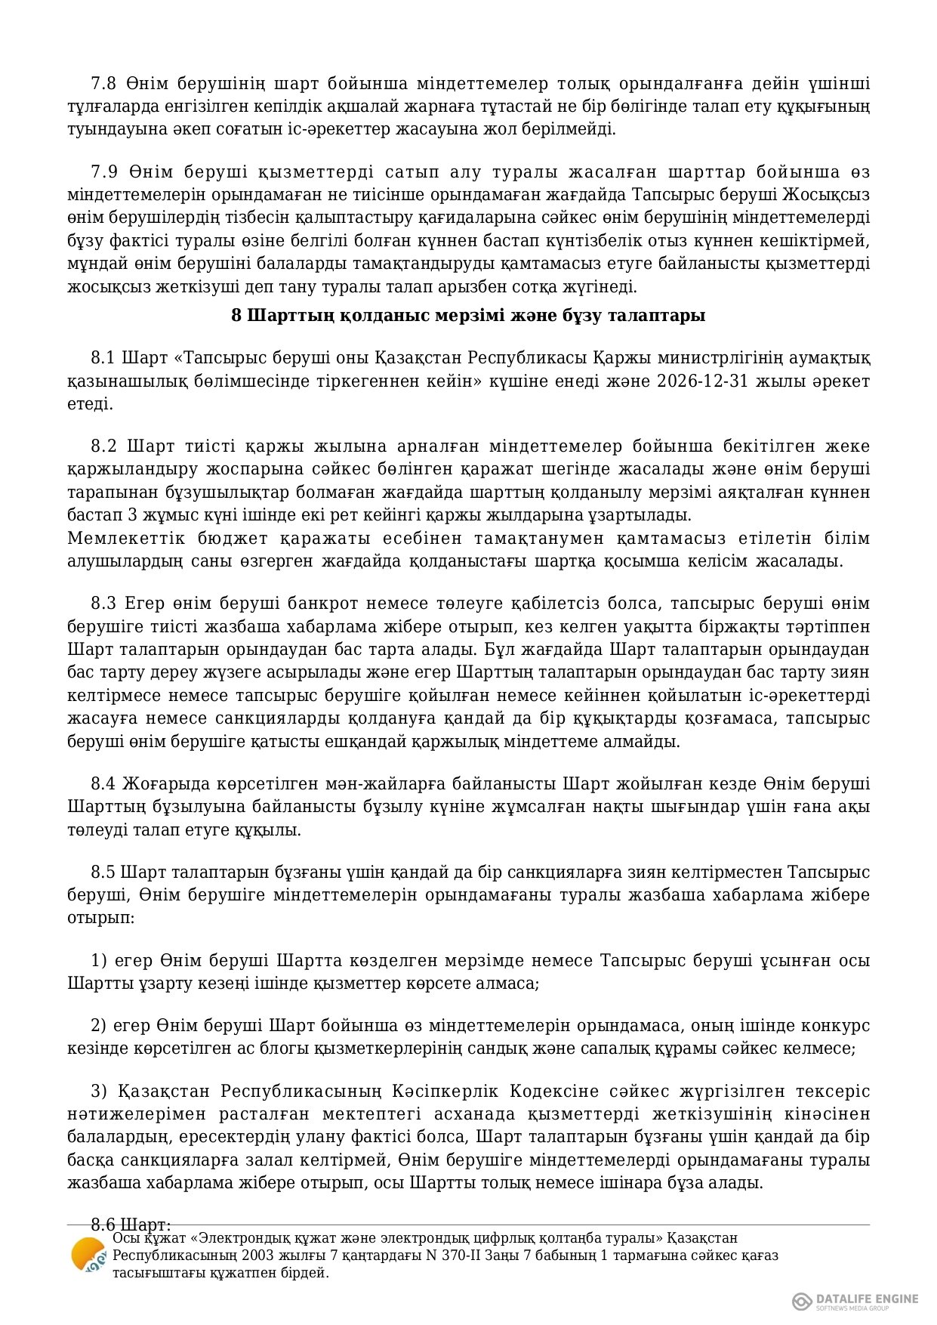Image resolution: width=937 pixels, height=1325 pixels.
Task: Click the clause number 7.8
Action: click(103, 83)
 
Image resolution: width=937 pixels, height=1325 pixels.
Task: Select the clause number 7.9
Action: click(103, 171)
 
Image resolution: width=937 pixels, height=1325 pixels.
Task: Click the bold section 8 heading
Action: click(468, 315)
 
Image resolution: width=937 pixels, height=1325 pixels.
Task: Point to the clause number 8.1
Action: click(103, 357)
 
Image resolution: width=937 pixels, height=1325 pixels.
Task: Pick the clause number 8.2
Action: click(103, 446)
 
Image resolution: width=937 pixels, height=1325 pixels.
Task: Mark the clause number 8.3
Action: click(103, 603)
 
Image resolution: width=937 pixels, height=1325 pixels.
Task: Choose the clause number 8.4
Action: click(103, 783)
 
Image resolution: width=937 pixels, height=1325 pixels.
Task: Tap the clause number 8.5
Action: click(103, 872)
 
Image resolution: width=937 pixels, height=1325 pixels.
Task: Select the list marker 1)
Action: click(99, 960)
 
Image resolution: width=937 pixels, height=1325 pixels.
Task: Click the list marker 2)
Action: click(99, 1025)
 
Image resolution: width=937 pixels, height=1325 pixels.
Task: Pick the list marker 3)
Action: click(99, 1091)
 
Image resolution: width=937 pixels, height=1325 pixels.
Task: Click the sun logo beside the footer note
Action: click(88, 1256)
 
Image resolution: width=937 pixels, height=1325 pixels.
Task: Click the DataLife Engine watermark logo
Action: click(855, 1300)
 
